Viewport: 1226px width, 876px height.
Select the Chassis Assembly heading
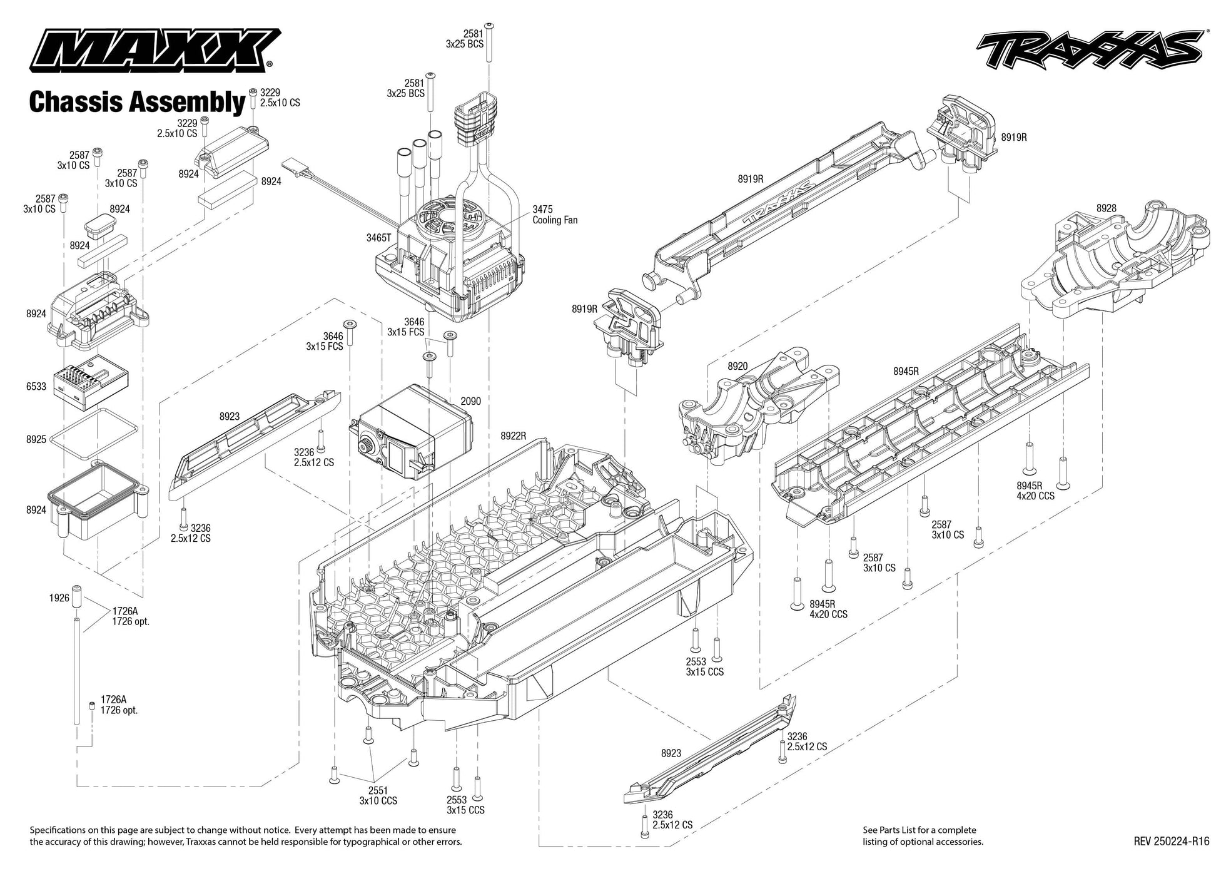tap(136, 102)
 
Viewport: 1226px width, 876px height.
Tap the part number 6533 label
tap(36, 387)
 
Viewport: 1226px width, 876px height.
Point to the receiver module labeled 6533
tap(91, 382)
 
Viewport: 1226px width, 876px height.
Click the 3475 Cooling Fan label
tap(554, 215)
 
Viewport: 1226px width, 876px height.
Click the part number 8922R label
tap(513, 435)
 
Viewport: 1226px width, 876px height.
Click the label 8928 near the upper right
tap(1106, 208)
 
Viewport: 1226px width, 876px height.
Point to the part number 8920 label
tap(737, 366)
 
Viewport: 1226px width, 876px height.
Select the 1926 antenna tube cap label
tap(59, 598)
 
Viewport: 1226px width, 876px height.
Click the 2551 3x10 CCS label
tap(378, 795)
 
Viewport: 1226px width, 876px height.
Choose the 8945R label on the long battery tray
tap(906, 371)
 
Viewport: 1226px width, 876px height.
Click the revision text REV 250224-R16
tap(1171, 842)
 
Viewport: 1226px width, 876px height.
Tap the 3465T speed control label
tap(378, 238)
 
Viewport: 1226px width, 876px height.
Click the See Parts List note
tap(923, 836)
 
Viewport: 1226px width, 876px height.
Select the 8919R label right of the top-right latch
tap(1013, 137)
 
